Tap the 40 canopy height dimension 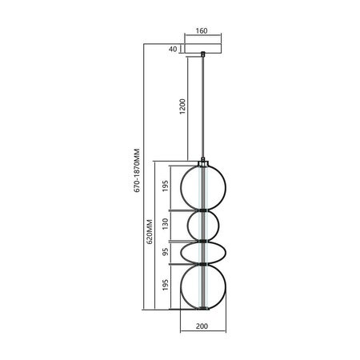click(173, 48)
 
